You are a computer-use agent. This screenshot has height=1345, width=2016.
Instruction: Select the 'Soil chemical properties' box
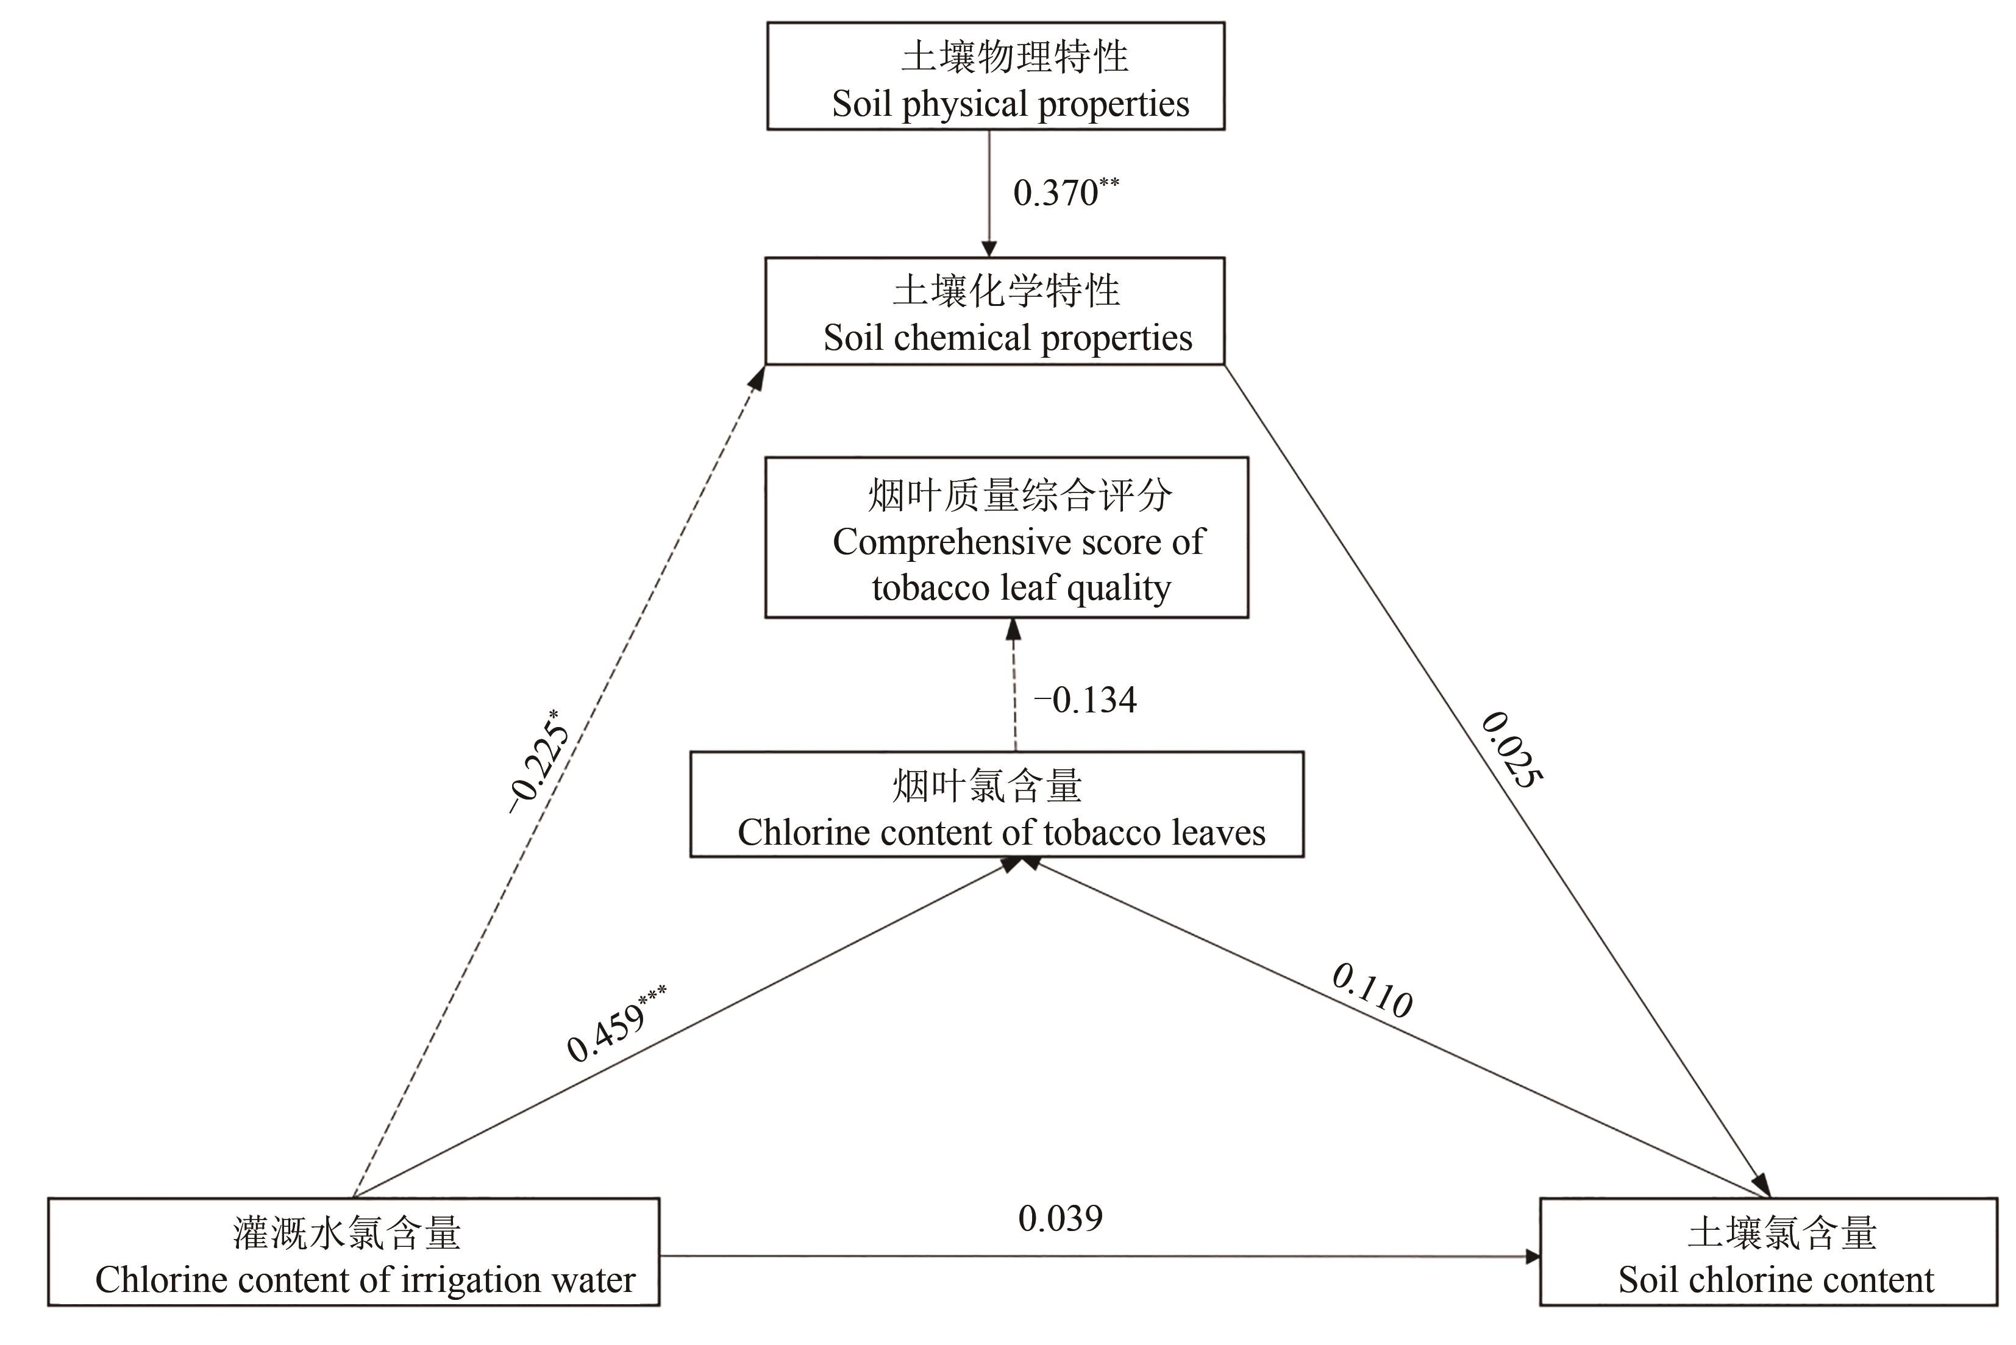(994, 311)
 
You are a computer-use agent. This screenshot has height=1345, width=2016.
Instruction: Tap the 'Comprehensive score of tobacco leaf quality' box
(1006, 538)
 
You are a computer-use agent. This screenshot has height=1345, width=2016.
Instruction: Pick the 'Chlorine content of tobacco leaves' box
(997, 804)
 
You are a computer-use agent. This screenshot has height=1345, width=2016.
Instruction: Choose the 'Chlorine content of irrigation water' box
(354, 1252)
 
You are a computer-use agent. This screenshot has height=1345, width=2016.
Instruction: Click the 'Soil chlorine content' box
(1769, 1252)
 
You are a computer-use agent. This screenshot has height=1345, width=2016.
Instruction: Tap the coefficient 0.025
(1512, 749)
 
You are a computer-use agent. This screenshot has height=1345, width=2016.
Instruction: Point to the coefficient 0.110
(1372, 991)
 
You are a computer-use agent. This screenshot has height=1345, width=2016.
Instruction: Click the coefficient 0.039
(1060, 1219)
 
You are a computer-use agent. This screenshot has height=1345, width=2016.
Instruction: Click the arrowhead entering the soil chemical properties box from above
(989, 249)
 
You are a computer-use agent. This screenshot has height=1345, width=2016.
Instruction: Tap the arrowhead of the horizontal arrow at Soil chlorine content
(1532, 1257)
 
